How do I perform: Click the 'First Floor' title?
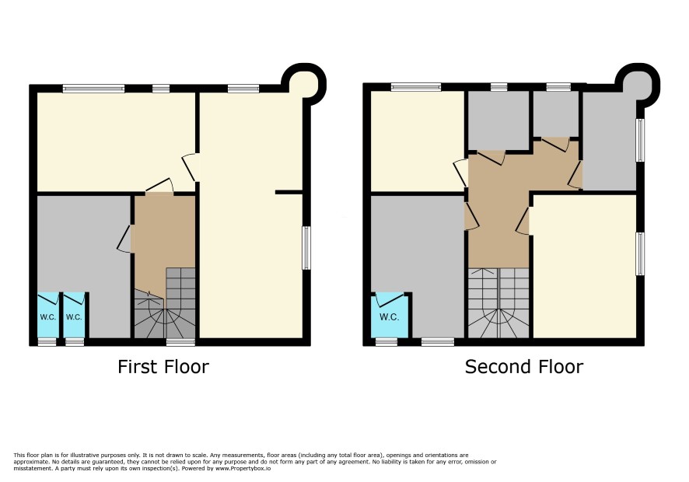[x=163, y=367]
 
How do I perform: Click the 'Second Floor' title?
[x=524, y=367]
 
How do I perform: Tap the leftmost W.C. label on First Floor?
[x=48, y=316]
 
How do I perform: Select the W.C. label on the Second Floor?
[x=389, y=316]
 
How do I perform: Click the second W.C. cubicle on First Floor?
[x=74, y=315]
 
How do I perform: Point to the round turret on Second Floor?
[x=638, y=84]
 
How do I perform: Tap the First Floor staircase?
[x=165, y=303]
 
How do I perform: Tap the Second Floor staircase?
[x=498, y=303]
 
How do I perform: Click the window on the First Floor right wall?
[x=306, y=248]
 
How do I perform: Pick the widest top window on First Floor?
[x=93, y=89]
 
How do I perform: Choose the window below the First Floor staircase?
[x=180, y=342]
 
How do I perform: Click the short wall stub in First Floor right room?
[x=289, y=193]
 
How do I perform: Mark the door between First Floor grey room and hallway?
[x=125, y=239]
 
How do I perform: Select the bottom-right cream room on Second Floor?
[x=585, y=266]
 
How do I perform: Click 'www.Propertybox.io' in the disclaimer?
[x=243, y=468]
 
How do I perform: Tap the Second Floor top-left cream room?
[x=418, y=141]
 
